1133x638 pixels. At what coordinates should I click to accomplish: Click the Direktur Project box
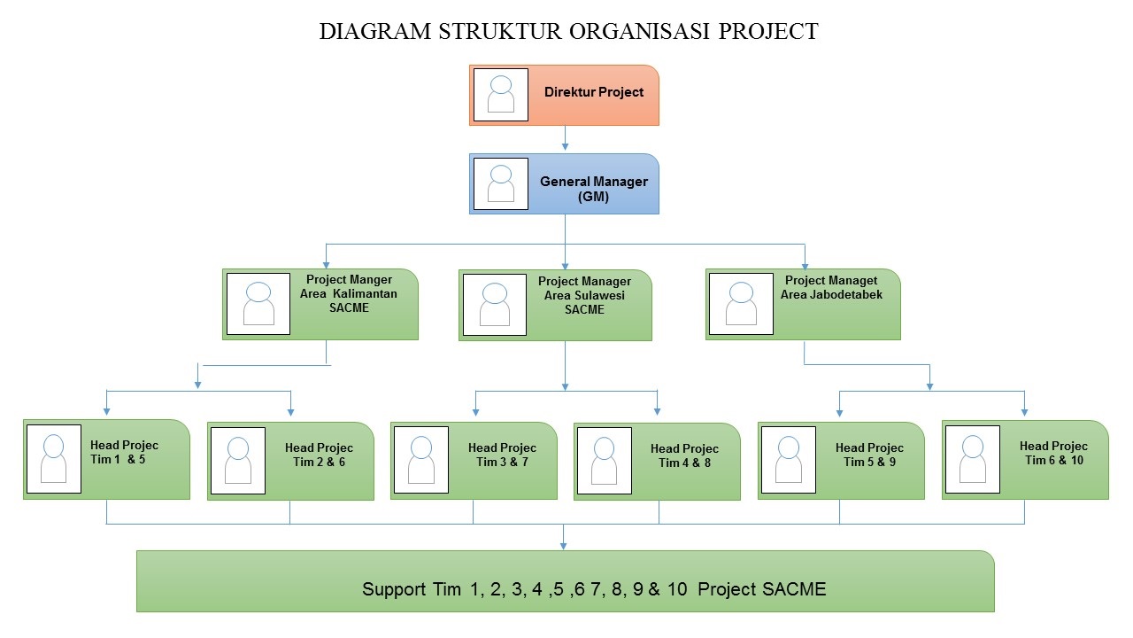pyautogui.click(x=593, y=94)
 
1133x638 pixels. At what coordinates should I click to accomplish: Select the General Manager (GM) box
pyautogui.click(x=593, y=183)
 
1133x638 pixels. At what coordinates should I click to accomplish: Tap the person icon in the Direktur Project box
pyautogui.click(x=501, y=95)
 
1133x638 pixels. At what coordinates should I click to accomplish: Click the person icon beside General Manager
pyautogui.click(x=501, y=184)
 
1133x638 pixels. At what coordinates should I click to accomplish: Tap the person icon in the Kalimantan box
pyautogui.click(x=258, y=303)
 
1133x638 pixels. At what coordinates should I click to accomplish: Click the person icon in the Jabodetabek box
pyautogui.click(x=740, y=303)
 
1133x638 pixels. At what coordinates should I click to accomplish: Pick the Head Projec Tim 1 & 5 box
pyautogui.click(x=124, y=459)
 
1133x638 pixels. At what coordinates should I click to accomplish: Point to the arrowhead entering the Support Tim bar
pyautogui.click(x=565, y=545)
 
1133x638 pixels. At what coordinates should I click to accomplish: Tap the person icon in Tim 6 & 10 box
pyautogui.click(x=973, y=458)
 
